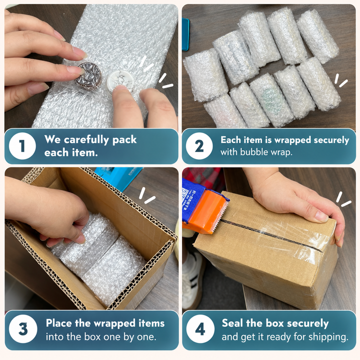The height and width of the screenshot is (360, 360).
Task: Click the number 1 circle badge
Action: [x=22, y=146]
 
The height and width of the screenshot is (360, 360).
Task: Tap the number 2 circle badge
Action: [x=199, y=146]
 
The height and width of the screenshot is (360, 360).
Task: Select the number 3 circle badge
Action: [x=23, y=329]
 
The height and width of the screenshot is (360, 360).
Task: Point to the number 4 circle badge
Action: [x=200, y=329]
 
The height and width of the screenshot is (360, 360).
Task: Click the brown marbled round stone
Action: [x=89, y=76]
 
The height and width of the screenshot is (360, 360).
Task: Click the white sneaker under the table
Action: [x=193, y=280]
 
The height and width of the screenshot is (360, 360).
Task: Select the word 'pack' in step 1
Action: [x=124, y=140]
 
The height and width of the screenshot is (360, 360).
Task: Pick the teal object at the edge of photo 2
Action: [x=185, y=34]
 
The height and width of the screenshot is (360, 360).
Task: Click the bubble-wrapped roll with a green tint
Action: [x=271, y=100]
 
